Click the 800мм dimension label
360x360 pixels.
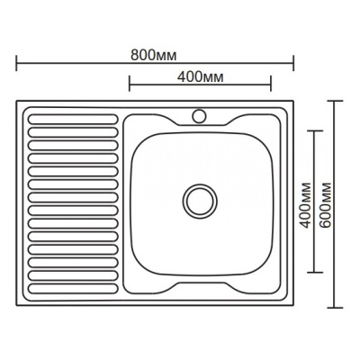pyautogui.click(x=154, y=56)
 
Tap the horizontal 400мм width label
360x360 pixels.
pyautogui.click(x=201, y=77)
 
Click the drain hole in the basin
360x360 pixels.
pyautogui.click(x=200, y=201)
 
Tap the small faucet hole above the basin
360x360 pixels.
pyautogui.click(x=199, y=116)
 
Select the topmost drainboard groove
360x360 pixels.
pyautogui.click(x=73, y=119)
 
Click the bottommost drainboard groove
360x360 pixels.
pyautogui.click(x=73, y=289)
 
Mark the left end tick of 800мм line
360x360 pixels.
pyautogui.click(x=16, y=63)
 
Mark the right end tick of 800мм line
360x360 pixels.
pyautogui.click(x=293, y=63)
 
